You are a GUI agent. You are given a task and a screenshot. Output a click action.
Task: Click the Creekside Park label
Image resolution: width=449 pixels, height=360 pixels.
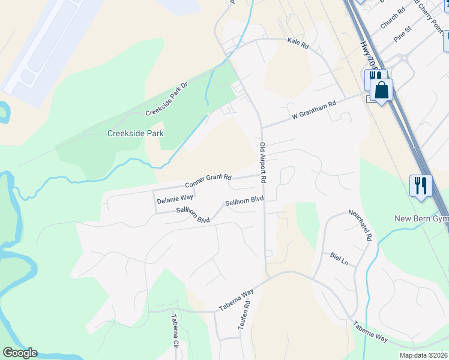click(136, 133)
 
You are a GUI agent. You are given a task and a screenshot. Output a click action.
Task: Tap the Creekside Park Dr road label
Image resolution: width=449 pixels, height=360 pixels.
click(167, 99)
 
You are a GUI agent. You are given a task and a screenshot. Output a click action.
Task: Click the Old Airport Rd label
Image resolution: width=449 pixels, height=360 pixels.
click(263, 163)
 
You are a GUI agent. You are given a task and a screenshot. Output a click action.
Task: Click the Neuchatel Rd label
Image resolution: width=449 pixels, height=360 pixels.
click(361, 225)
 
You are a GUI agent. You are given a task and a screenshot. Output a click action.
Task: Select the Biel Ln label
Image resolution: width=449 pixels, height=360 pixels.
click(339, 259)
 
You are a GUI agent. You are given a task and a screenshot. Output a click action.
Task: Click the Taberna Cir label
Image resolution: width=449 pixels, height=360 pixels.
click(175, 331)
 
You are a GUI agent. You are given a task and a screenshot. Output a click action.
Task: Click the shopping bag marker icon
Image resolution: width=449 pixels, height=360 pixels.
click(382, 91)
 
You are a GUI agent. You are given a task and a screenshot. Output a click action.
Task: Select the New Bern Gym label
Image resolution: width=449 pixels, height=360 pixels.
click(421, 218)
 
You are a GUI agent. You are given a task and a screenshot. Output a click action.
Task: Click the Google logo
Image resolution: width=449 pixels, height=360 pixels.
click(20, 353)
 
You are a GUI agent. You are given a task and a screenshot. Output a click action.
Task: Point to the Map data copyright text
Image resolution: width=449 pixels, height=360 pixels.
click(423, 355)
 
